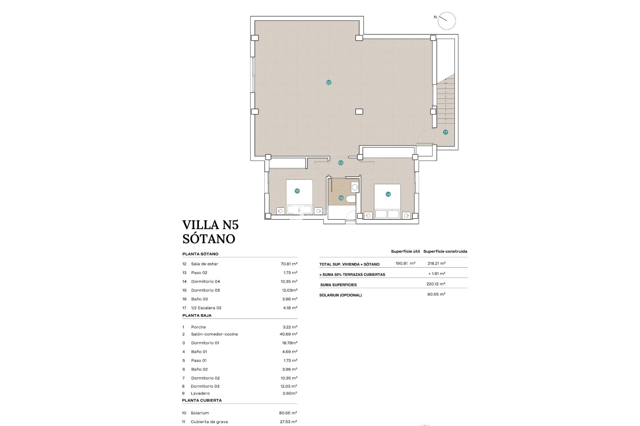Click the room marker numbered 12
(329, 83)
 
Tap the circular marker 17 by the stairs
(445, 132)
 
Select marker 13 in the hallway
(341, 163)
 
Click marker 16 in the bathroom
(341, 198)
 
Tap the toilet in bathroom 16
(351, 199)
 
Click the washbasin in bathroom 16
(355, 187)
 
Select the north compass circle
(447, 21)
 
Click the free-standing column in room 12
(359, 112)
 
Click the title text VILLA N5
(210, 225)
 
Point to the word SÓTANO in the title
(209, 239)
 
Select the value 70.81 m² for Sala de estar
(289, 264)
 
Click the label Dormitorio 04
(205, 282)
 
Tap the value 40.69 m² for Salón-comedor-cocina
(288, 334)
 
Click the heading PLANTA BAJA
(197, 316)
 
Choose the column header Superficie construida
(445, 252)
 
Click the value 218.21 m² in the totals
(436, 263)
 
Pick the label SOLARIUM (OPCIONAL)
(340, 295)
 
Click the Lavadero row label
(200, 393)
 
